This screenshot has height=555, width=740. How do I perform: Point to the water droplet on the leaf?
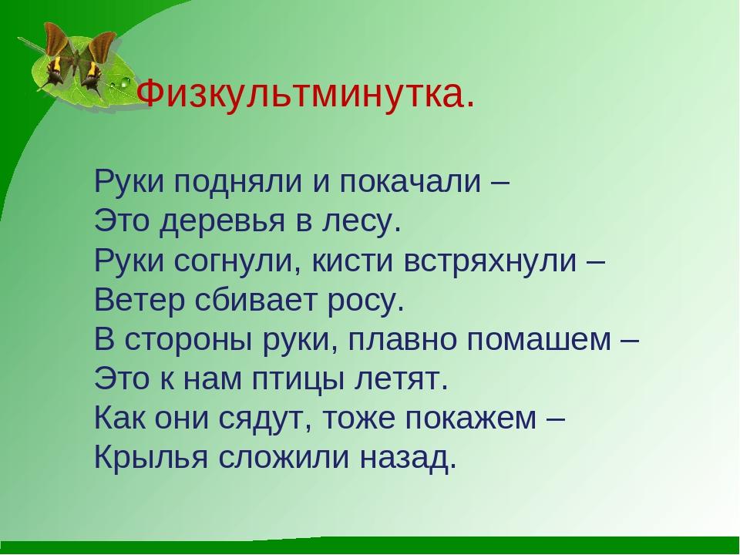(x=125, y=83)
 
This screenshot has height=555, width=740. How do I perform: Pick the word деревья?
(x=222, y=221)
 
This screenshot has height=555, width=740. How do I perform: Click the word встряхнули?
(x=490, y=261)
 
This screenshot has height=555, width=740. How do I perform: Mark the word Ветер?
(x=140, y=300)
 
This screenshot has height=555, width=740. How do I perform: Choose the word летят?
(x=400, y=379)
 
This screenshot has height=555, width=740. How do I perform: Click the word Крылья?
(x=151, y=456)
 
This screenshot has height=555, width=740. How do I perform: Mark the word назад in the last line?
(x=409, y=458)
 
